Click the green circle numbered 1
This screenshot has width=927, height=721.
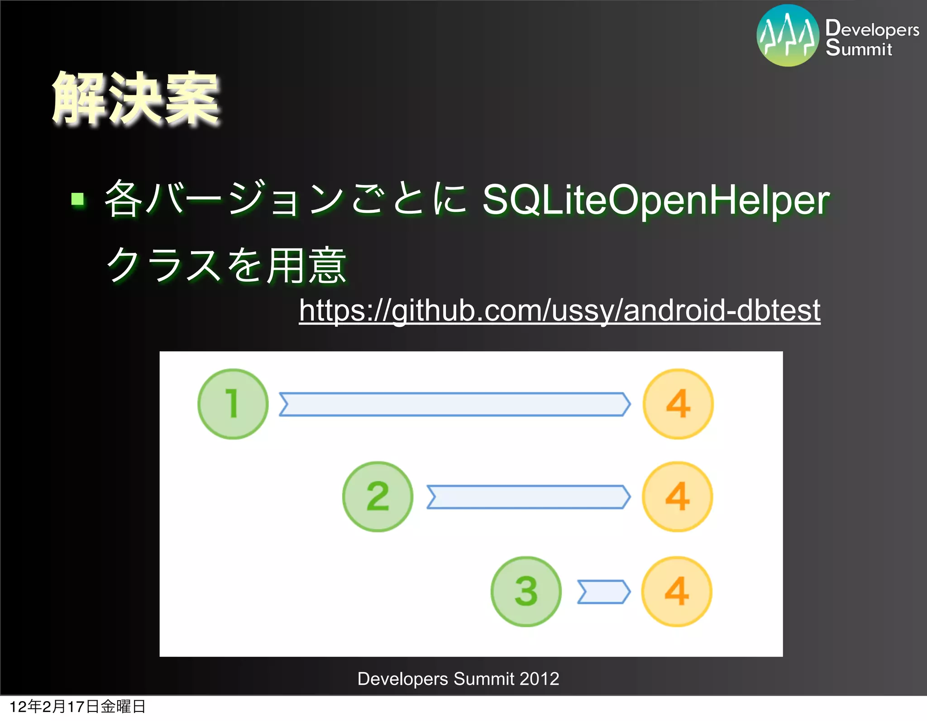[233, 404]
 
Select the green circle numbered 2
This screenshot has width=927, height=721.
[377, 497]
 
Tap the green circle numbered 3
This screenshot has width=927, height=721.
[526, 591]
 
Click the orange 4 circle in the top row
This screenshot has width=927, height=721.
[678, 404]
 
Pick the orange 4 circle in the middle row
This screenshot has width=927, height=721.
[677, 497]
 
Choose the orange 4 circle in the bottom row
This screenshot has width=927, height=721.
[677, 591]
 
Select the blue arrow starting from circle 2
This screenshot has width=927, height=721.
[528, 497]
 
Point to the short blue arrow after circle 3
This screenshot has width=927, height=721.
[603, 592]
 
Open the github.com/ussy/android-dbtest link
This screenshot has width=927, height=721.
[559, 310]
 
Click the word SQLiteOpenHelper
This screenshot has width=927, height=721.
[656, 200]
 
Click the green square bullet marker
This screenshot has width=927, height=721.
[78, 199]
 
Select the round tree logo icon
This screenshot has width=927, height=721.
[788, 35]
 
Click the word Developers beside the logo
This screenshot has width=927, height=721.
[872, 29]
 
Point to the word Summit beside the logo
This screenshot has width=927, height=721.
[859, 48]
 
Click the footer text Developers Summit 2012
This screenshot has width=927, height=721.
[458, 678]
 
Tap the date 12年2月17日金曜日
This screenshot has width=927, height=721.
[77, 706]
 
